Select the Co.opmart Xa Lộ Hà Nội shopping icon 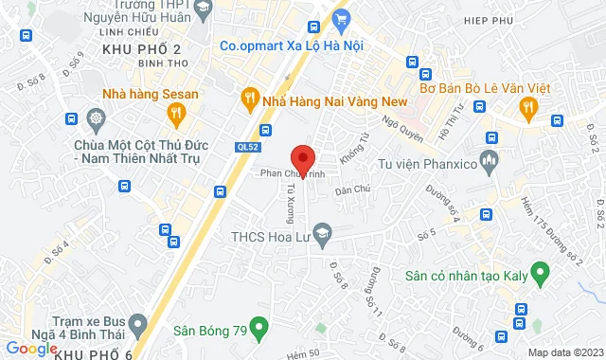(x=342, y=19)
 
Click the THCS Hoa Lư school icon (x=324, y=232)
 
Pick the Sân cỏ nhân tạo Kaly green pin (x=541, y=277)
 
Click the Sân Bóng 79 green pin (x=264, y=331)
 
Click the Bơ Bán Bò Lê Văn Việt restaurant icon (x=528, y=111)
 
